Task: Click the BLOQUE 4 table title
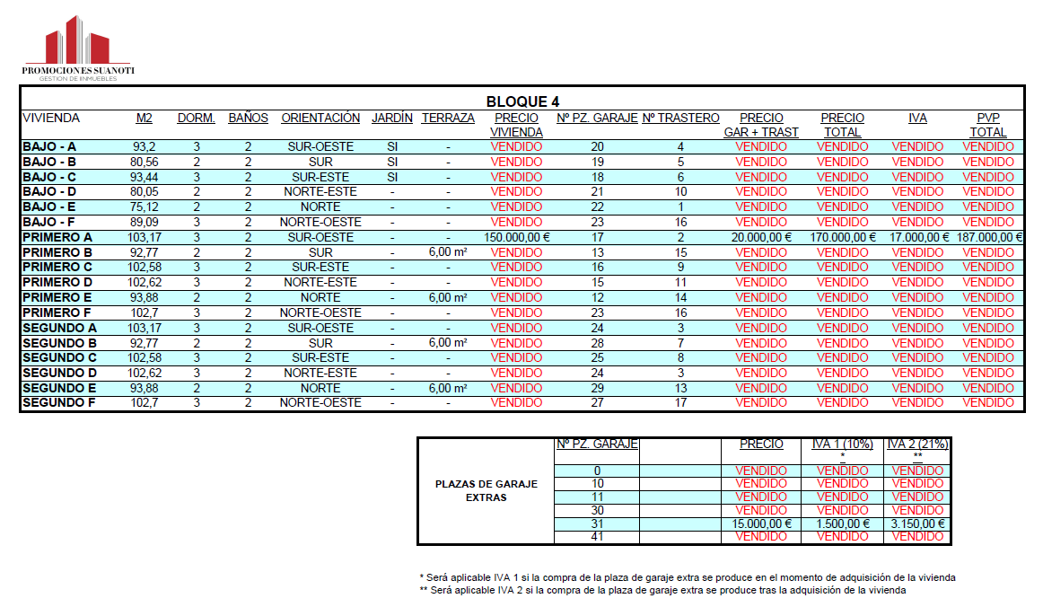522,101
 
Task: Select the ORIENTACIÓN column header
320,119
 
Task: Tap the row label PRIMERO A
57,237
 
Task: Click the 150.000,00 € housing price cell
516,237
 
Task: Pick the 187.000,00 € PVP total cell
988,237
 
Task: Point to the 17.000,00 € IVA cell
917,237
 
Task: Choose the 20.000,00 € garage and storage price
761,237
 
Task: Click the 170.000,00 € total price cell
842,237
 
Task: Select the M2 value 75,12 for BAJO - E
144,207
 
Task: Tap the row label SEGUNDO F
59,403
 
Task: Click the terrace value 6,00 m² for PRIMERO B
447,252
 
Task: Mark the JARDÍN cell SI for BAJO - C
392,177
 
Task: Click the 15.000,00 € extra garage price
761,523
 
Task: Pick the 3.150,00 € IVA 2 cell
917,523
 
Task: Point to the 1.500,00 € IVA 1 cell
842,523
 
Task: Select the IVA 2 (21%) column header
917,444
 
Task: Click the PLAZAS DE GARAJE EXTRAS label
486,490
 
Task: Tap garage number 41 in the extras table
597,537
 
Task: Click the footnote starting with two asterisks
662,591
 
